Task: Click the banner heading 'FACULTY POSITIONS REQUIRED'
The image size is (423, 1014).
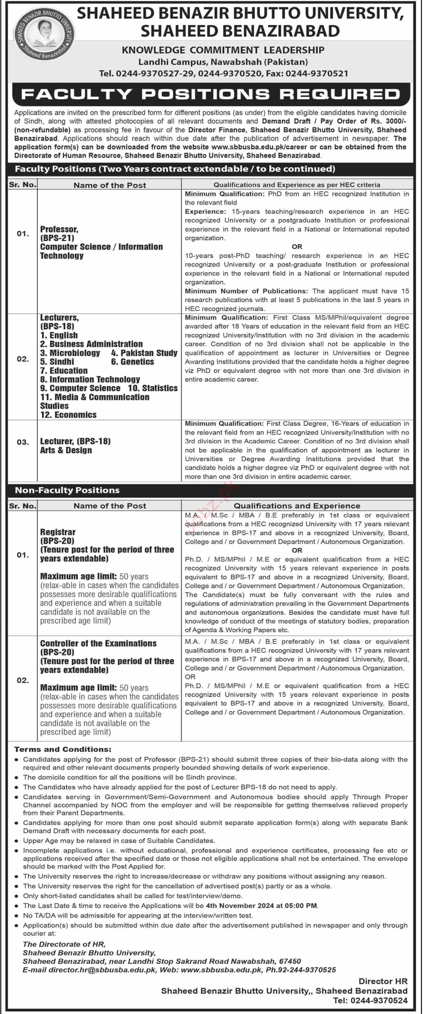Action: coord(211,94)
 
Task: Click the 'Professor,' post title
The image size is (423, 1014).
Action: coord(59,229)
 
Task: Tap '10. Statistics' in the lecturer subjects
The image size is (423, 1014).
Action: coord(153,388)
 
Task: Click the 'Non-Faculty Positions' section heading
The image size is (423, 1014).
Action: coord(67,490)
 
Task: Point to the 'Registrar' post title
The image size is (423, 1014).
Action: coord(57,532)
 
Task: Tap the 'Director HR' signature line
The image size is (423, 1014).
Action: coord(383,981)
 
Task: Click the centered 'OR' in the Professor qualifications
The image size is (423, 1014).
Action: coord(297,247)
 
